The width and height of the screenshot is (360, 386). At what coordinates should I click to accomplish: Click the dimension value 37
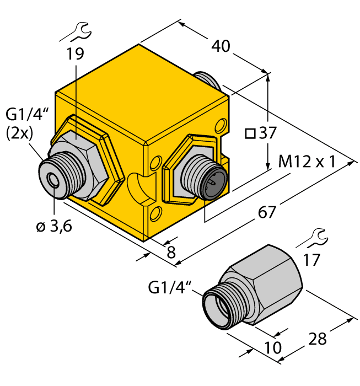(267, 133)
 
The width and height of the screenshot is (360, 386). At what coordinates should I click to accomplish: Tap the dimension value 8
(171, 253)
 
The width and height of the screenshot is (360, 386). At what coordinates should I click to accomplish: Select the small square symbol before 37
(250, 134)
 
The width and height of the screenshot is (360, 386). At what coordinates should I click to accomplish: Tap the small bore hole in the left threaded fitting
(53, 181)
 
